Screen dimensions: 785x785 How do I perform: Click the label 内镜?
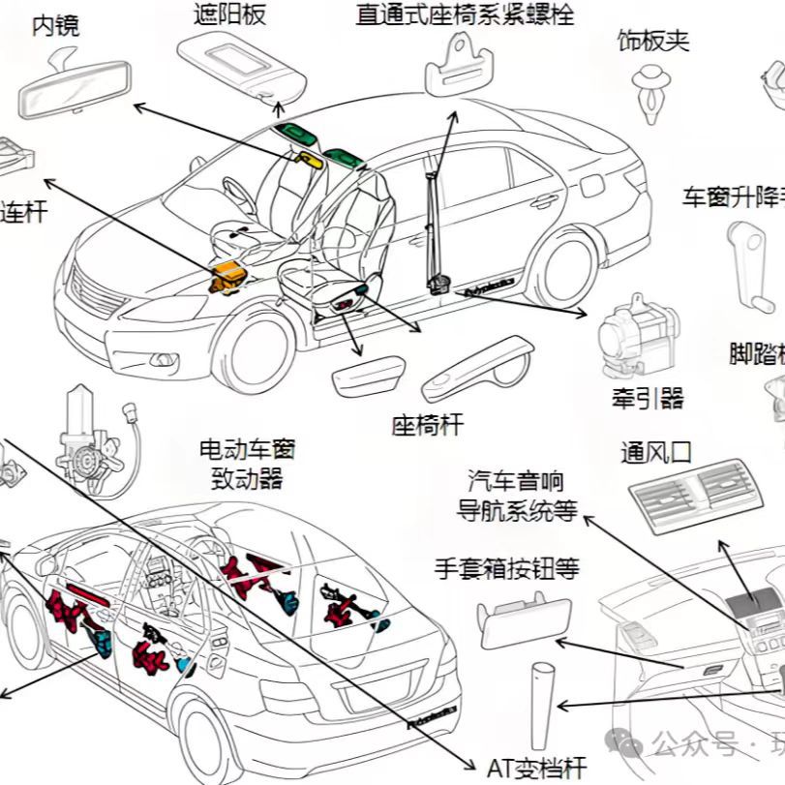coord(55,25)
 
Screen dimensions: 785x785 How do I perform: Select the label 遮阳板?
coord(229,14)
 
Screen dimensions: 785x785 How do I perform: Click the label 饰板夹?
coord(653,41)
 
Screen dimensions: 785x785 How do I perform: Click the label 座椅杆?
coord(427,424)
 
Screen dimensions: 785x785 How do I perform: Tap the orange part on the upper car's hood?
coord(229,275)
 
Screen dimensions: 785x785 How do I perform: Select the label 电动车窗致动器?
coord(247,464)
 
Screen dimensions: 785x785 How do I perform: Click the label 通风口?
coord(655,452)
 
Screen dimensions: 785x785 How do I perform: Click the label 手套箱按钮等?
coord(507,568)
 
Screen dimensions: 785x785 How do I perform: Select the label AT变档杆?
coord(536,769)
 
